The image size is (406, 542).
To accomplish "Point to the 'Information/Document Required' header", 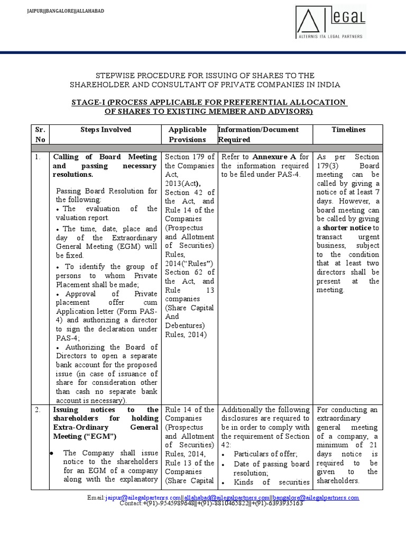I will coord(259,134).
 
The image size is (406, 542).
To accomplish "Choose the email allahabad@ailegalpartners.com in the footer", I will coord(227,498).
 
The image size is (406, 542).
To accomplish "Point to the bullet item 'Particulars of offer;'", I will coord(265,454).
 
